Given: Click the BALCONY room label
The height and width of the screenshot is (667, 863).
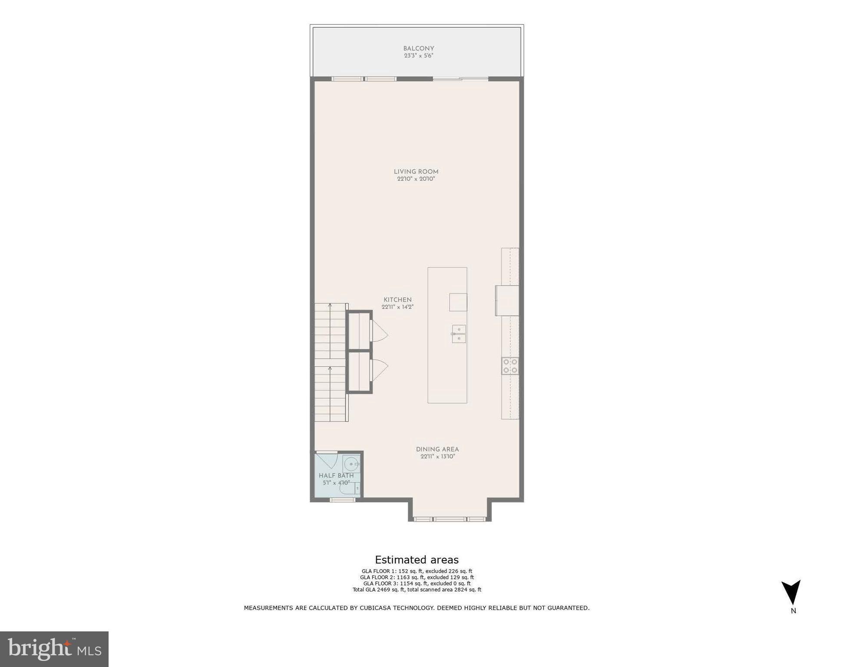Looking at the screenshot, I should [418, 49].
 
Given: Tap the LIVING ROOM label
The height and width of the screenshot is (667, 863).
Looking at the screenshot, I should [416, 172].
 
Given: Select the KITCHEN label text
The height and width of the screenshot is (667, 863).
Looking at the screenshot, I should [397, 300].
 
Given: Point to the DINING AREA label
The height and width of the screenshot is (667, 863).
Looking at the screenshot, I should [437, 449].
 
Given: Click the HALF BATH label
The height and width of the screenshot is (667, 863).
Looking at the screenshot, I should [336, 475].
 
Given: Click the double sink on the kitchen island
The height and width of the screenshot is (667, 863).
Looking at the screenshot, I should [459, 334].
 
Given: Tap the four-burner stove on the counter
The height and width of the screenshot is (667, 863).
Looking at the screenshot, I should [510, 366].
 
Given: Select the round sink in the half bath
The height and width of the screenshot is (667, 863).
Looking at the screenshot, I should [350, 464].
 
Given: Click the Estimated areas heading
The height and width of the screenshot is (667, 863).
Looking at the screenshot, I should [417, 560].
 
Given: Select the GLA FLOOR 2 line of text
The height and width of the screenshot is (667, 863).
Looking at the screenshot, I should [417, 578].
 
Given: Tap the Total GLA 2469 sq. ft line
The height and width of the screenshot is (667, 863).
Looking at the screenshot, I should [417, 590].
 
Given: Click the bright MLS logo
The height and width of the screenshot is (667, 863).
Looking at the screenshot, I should [54, 649].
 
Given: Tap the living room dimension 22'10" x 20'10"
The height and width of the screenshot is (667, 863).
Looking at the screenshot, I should [416, 179].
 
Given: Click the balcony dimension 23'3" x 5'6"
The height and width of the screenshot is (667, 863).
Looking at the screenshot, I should [418, 56].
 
